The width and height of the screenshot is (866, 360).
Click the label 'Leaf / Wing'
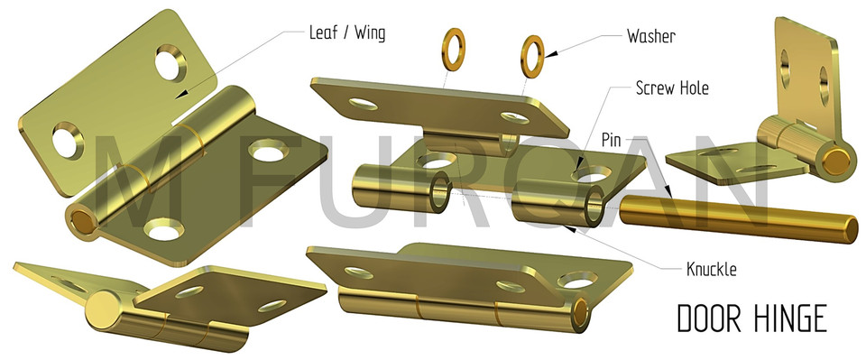347,34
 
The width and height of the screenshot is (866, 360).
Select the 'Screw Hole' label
672,88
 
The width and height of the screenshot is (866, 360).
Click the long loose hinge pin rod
736,219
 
